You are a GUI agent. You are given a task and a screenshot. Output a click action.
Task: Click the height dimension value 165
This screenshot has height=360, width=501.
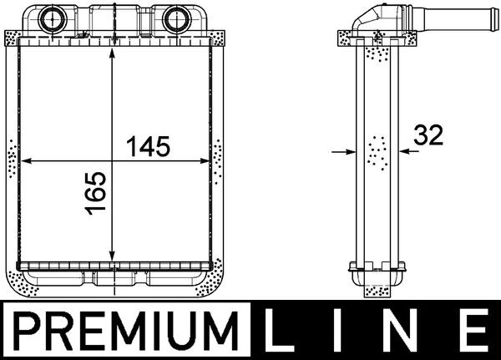pyautogui.click(x=96, y=194)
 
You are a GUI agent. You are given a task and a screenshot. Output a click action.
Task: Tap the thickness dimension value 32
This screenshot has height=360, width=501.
pyautogui.click(x=426, y=136)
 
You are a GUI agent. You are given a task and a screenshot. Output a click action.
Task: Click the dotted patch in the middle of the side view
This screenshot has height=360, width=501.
pyautogui.click(x=377, y=151)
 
